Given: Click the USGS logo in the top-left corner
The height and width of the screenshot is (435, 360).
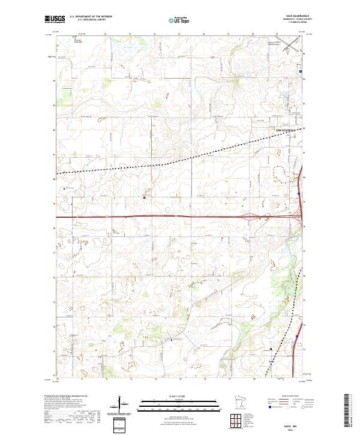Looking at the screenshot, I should pyautogui.click(x=53, y=19).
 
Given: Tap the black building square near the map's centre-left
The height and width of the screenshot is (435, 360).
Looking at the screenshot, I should pyautogui.click(x=144, y=196).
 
